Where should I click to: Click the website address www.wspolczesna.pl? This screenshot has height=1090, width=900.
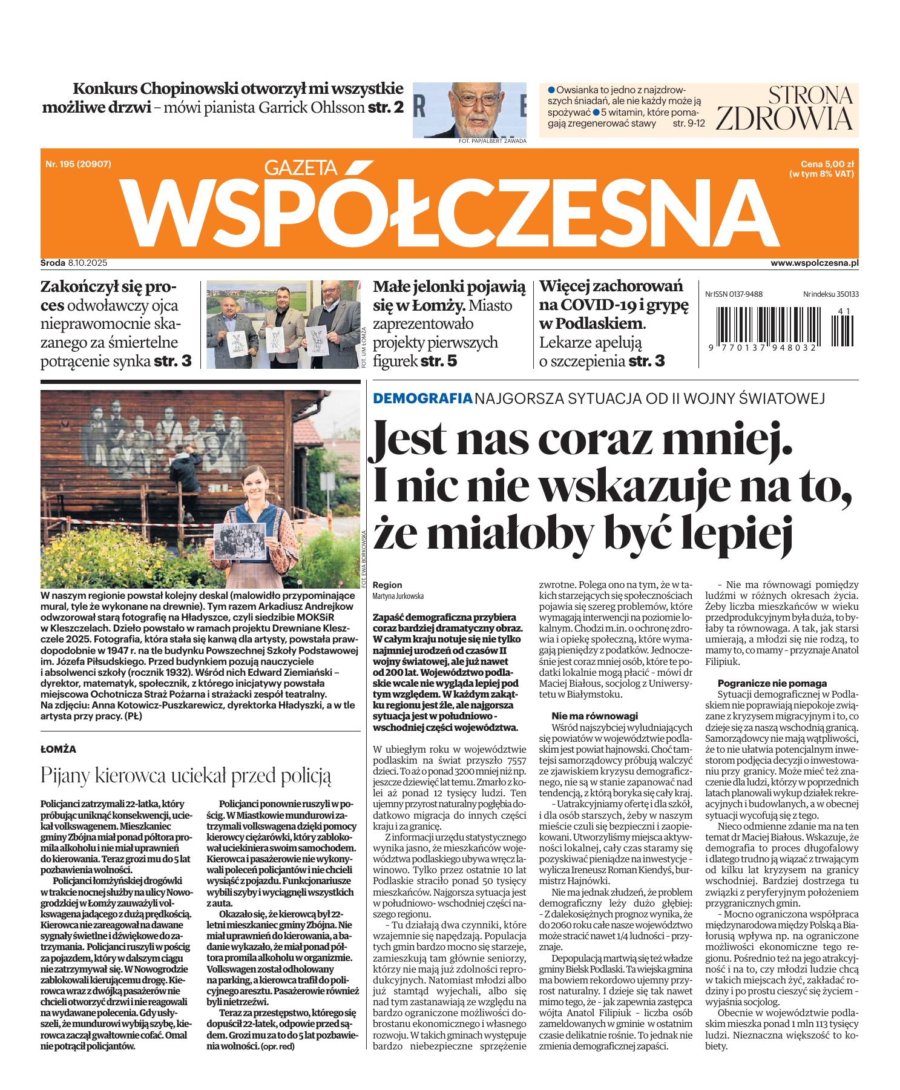coord(815,263)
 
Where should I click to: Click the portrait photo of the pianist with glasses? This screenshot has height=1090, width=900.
coord(469,110)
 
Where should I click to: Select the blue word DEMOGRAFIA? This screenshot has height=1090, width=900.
coord(422,398)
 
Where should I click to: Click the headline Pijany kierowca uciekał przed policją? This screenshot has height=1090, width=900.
coord(186,775)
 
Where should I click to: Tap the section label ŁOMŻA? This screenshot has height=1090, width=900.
coord(58,748)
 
